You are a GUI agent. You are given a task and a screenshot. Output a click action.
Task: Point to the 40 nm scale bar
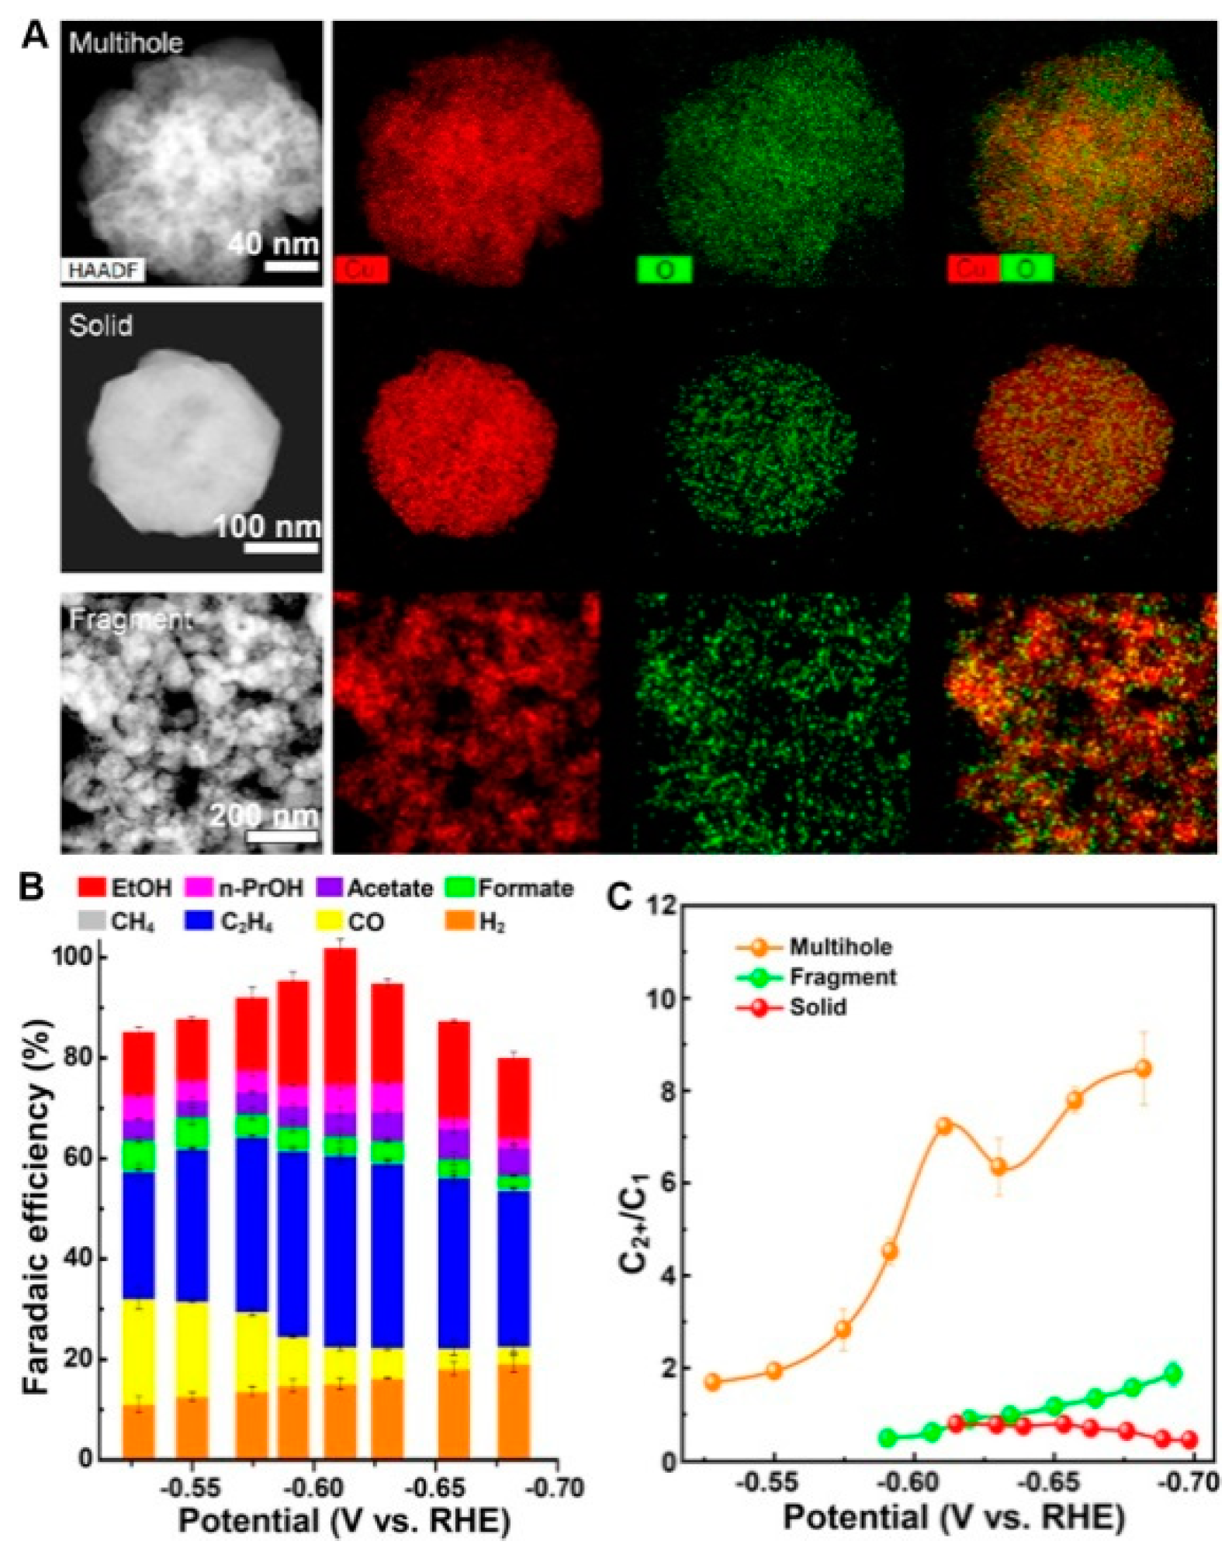(291, 266)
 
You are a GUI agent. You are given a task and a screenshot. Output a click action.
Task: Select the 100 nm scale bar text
(268, 527)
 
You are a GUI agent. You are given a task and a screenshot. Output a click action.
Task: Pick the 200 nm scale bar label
(264, 815)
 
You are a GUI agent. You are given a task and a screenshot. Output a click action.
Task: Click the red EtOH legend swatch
(92, 888)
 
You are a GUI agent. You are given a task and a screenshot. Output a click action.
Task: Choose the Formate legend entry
(510, 888)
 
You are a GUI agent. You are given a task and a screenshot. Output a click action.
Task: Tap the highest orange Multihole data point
(1142, 1068)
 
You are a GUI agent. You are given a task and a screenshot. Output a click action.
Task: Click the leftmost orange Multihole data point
(713, 1382)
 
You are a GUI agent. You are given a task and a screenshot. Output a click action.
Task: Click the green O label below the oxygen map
(664, 269)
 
